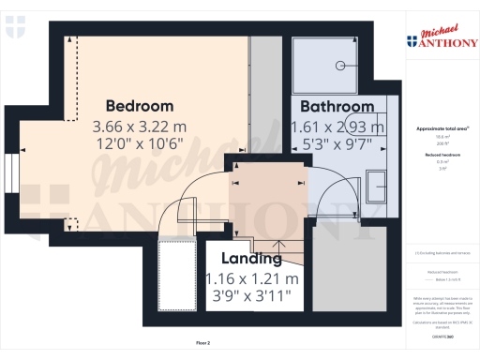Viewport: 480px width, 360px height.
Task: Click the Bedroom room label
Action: coord(139,105)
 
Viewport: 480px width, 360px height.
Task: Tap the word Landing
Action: coord(250,259)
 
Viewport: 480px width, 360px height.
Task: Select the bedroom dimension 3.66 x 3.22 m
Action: coord(139,126)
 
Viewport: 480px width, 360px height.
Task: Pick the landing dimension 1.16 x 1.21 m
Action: coord(252,278)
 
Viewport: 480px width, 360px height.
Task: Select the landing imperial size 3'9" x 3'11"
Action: coord(252,296)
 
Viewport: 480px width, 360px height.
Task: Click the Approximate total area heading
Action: coord(442,127)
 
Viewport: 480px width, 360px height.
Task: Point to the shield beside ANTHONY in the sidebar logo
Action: coord(412,40)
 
